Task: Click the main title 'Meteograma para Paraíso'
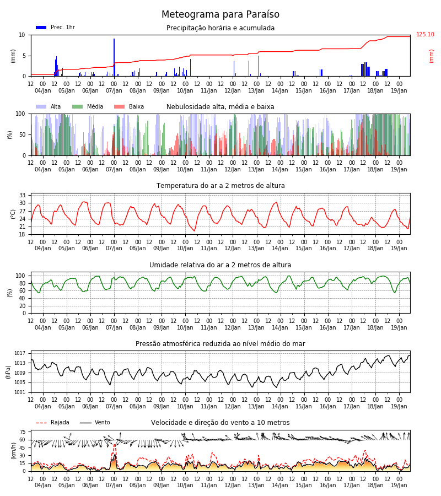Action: tap(220, 14)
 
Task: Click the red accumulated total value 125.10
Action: tap(425, 35)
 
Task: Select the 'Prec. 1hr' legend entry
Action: tap(56, 27)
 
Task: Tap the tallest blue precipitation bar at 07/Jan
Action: tap(114, 57)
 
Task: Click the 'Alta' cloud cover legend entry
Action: tap(49, 106)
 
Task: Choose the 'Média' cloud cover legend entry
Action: tap(88, 106)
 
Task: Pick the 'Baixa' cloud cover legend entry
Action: tap(129, 106)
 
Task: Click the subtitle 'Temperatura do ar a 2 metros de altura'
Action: tap(220, 186)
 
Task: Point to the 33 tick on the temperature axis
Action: tap(22, 195)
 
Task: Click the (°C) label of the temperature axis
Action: tap(13, 214)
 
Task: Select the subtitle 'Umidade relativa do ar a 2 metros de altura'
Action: tap(220, 265)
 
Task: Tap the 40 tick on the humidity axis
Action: tap(22, 298)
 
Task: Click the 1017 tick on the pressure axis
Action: tap(20, 353)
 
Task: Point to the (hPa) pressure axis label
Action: tap(8, 372)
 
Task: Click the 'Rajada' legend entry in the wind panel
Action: tap(52, 423)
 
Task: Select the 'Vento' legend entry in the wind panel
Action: tap(95, 423)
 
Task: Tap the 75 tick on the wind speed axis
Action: tap(22, 432)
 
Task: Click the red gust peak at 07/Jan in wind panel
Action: tap(114, 445)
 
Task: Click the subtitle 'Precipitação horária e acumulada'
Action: tap(220, 28)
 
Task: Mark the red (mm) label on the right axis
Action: tap(431, 56)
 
